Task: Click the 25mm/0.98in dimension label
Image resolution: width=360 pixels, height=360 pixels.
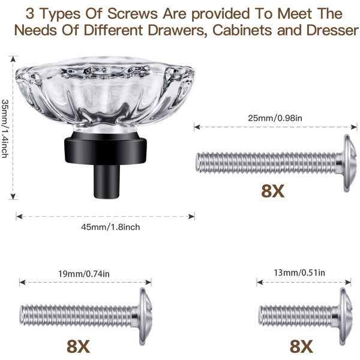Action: click(x=275, y=118)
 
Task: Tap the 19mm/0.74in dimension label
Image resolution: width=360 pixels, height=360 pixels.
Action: click(x=84, y=274)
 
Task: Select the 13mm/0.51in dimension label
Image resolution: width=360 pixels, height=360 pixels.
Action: click(x=299, y=273)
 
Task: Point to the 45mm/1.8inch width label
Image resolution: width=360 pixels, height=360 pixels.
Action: click(x=110, y=227)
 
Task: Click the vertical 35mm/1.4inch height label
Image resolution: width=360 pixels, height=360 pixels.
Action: click(x=5, y=128)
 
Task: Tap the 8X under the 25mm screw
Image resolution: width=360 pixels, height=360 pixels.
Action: click(x=273, y=191)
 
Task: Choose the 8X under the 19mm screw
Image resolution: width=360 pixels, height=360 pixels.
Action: click(x=78, y=347)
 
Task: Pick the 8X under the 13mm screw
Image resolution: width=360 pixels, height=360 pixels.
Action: click(x=301, y=347)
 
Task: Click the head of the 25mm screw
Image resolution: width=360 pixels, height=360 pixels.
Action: click(x=350, y=163)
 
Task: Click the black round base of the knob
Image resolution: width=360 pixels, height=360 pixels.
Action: click(x=106, y=149)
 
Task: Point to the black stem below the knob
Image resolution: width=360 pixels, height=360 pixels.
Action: click(x=107, y=181)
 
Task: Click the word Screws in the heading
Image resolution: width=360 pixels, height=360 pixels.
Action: click(x=133, y=14)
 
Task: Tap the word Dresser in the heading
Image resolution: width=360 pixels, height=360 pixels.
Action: click(x=332, y=30)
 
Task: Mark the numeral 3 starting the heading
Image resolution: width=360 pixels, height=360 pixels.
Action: click(x=30, y=14)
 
